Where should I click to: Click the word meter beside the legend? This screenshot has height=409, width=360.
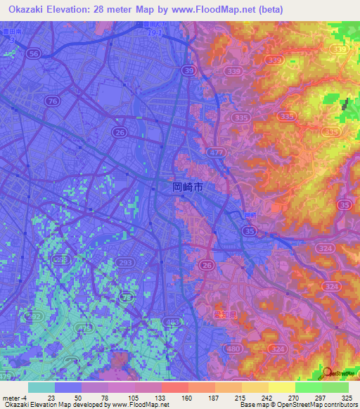[11, 398]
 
